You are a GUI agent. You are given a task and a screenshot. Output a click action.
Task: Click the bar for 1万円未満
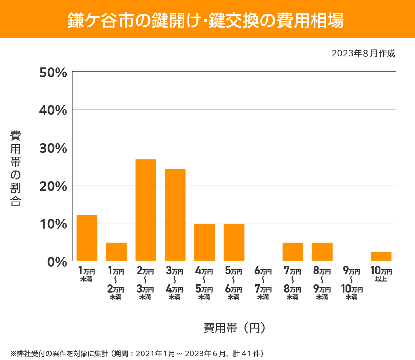coord(87,238)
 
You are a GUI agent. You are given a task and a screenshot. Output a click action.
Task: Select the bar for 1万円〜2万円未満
coord(116,252)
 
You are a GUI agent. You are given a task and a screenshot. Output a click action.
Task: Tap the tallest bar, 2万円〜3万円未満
coord(146,210)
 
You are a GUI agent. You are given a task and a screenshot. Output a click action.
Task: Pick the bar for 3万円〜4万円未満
coord(175,215)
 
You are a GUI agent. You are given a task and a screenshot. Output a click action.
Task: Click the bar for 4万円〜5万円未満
coord(204,242)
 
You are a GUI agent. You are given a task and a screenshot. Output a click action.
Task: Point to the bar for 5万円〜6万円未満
coord(234,242)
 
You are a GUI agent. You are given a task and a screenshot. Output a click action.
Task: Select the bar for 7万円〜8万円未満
coord(293,252)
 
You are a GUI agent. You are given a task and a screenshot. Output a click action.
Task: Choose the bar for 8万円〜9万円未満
coord(322,252)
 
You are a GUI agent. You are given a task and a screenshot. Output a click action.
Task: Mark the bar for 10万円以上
coord(381,256)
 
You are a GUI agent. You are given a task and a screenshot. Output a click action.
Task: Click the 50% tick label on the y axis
coord(53,73)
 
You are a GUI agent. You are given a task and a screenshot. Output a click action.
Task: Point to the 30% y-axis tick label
coord(53,148)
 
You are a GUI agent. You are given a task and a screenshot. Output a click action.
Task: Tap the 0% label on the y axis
coord(57,262)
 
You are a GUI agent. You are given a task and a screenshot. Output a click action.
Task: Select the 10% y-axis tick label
coord(53,224)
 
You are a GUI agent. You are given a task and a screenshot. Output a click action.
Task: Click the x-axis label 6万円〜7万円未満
coord(263,283)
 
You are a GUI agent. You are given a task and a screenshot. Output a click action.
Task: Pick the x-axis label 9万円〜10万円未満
coord(352,283)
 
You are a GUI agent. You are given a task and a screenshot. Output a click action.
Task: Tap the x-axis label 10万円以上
coord(381,274)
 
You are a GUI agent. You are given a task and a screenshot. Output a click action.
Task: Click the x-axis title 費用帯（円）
coord(234,328)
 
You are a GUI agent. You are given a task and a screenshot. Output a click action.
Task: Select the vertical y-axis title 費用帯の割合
coord(16,168)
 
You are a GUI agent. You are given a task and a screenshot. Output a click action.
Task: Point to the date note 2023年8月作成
coord(363,54)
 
